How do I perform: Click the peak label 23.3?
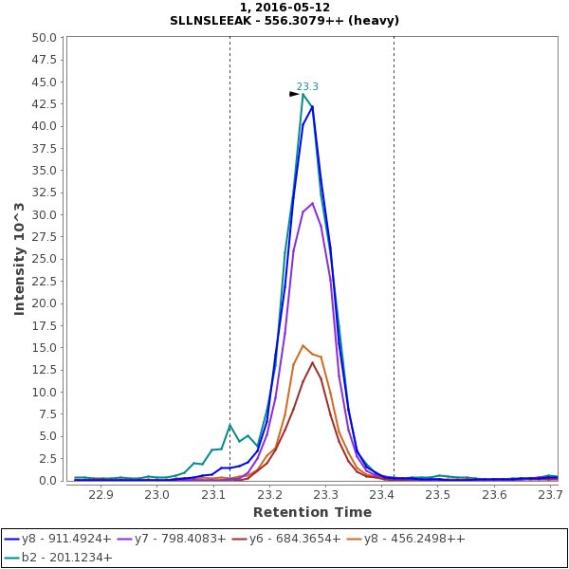pyautogui.click(x=307, y=86)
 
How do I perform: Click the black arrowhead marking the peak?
pyautogui.click(x=294, y=94)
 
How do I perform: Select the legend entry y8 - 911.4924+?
pyautogui.click(x=65, y=539)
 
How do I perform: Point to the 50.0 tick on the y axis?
pyautogui.click(x=45, y=38)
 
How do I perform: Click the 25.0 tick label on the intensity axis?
pyautogui.click(x=45, y=215)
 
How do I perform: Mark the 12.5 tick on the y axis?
pyautogui.click(x=45, y=303)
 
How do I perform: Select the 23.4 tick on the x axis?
pyautogui.click(x=382, y=494)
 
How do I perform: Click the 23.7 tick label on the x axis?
pyautogui.click(x=551, y=494)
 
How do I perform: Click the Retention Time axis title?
pyautogui.click(x=312, y=512)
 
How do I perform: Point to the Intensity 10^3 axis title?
pyautogui.click(x=19, y=258)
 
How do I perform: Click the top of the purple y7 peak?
pyautogui.click(x=312, y=203)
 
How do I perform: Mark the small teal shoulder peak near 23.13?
pyautogui.click(x=229, y=425)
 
